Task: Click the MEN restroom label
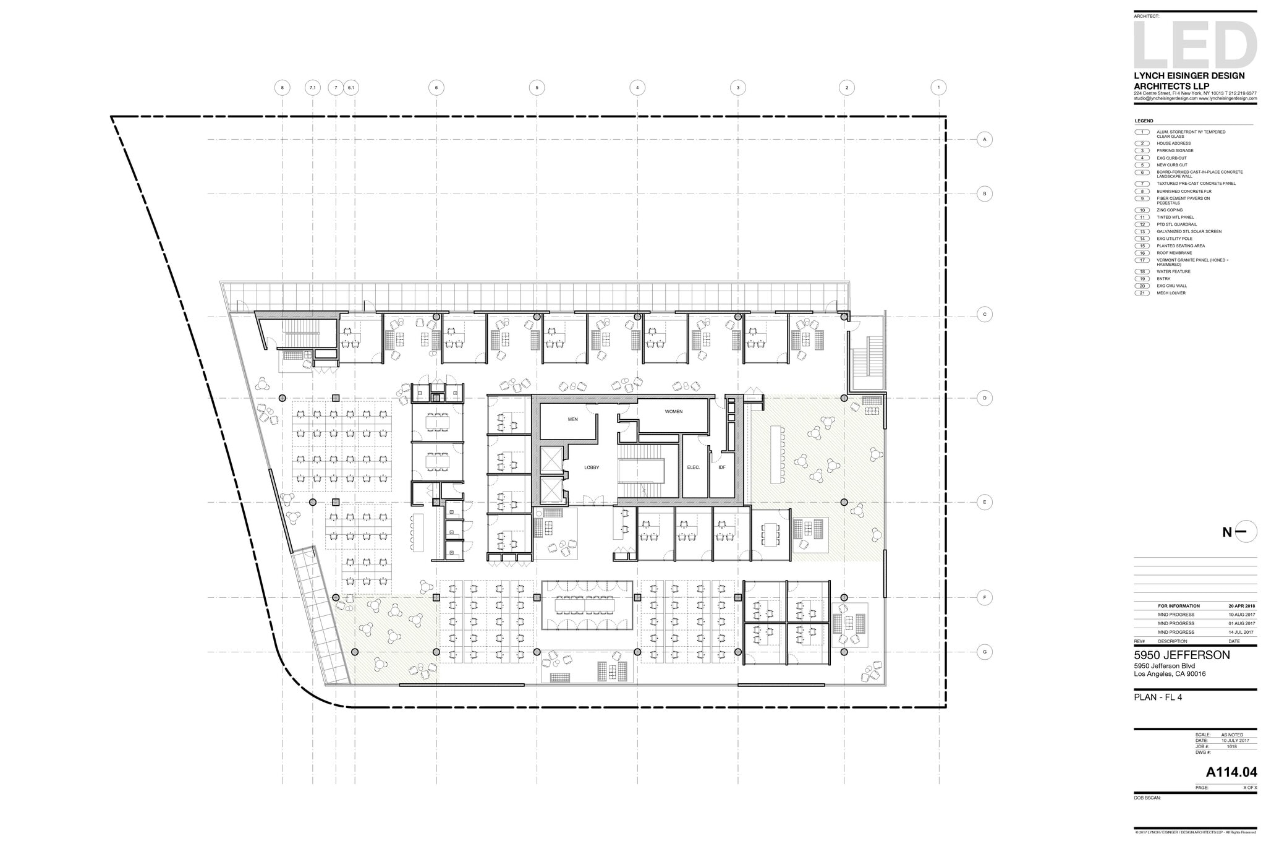572,419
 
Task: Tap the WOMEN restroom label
673,411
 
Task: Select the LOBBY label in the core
592,467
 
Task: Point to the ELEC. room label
693,467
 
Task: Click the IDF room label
721,467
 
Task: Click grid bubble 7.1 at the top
312,88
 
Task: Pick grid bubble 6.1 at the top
350,88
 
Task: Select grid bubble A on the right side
984,140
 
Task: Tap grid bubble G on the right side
984,652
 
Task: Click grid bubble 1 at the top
938,88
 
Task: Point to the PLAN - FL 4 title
1158,697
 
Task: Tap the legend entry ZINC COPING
1170,210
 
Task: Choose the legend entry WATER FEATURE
1173,271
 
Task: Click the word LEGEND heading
1144,121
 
